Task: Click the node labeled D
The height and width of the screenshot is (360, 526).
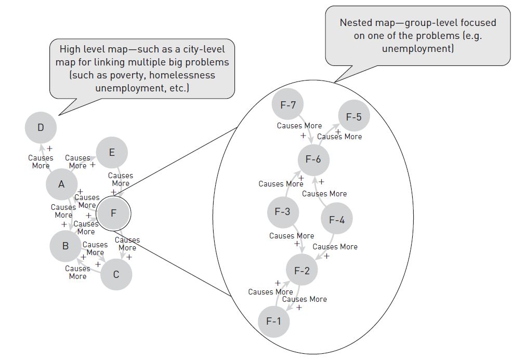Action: [x=41, y=127]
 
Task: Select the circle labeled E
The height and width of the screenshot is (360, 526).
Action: [x=112, y=152]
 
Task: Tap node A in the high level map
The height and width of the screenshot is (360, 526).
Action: [x=62, y=184]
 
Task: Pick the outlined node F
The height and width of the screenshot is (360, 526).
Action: [x=114, y=213]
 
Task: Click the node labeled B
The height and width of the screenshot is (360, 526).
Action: [x=65, y=246]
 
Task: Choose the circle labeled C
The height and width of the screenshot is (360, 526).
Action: [x=116, y=274]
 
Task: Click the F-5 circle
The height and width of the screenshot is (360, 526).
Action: [x=353, y=117]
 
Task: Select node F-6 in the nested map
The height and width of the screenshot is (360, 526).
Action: [x=313, y=159]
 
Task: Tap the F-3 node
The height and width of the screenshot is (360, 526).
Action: [x=283, y=212]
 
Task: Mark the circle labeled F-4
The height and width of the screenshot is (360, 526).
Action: [x=337, y=220]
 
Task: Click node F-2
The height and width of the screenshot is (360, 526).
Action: [x=302, y=270]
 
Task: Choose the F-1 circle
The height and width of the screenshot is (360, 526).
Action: [x=273, y=321]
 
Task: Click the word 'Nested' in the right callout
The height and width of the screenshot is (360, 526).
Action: [x=356, y=23]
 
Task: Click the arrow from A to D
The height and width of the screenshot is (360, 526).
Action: [x=46, y=156]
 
